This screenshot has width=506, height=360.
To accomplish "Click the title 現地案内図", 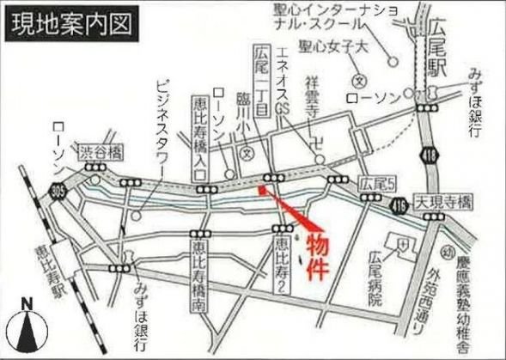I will (x=73, y=24).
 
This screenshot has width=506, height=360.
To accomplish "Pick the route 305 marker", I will (x=58, y=188).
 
